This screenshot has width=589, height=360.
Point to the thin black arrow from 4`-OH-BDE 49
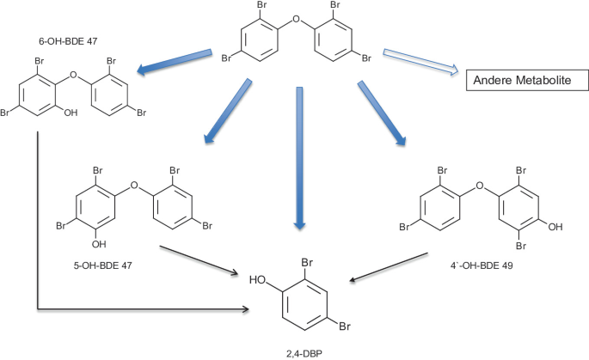pos(391,265)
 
